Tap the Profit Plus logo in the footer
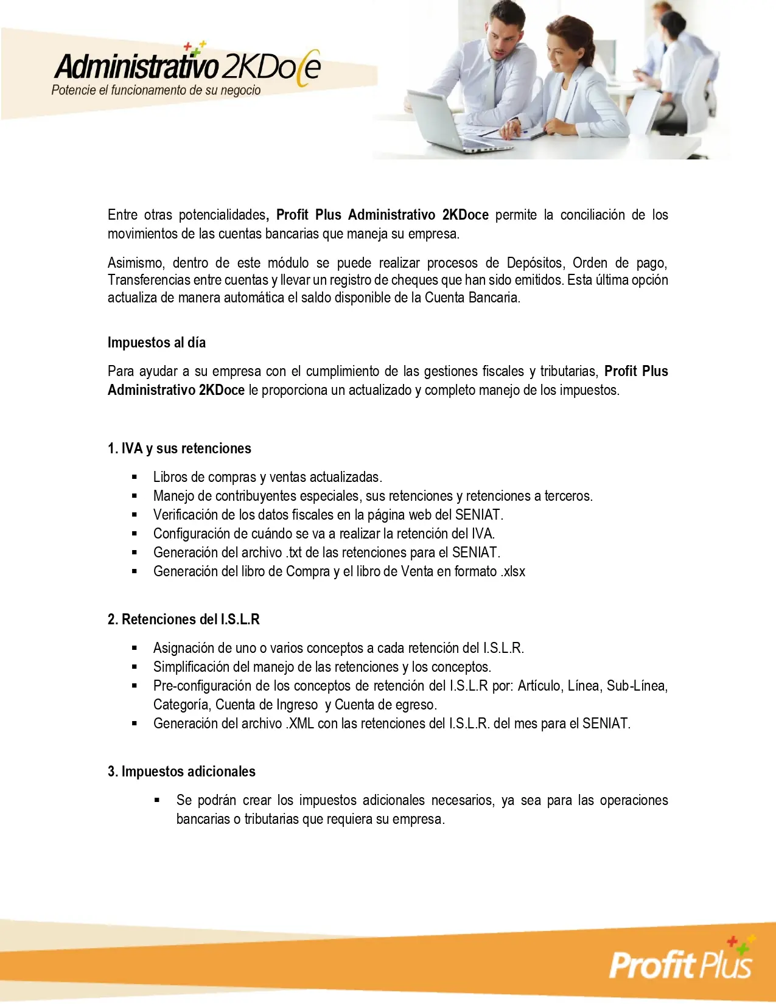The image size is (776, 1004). point(681,963)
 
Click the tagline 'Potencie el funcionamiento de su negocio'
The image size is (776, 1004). point(156,91)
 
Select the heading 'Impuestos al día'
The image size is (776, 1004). point(156,343)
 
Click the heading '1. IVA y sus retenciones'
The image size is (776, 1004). point(179,448)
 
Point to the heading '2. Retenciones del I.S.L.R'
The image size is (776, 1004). point(183,619)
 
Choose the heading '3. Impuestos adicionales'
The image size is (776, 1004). point(181,772)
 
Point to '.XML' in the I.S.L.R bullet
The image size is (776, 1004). point(300,723)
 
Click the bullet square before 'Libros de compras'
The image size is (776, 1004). point(135,478)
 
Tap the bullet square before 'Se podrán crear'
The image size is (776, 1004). point(158,801)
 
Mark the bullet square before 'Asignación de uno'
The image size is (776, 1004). point(135,649)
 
